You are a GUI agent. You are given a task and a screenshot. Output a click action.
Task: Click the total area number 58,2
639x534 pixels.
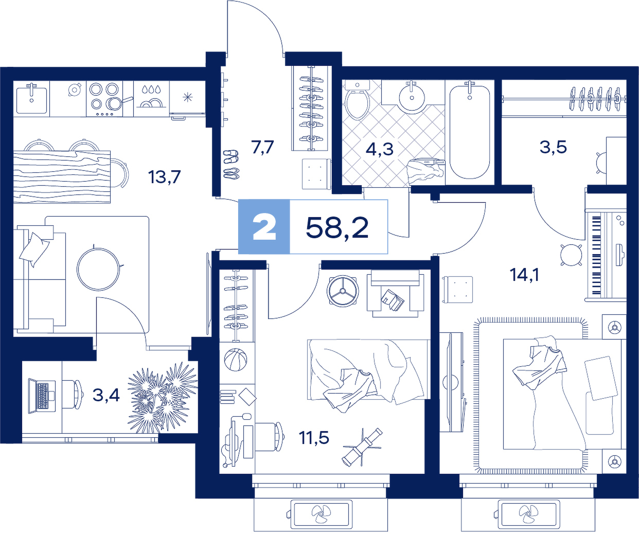coord(337,228)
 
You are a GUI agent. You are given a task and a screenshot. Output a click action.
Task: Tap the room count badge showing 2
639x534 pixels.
coord(264,227)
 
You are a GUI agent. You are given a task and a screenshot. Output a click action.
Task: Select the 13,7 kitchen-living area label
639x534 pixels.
coord(164,177)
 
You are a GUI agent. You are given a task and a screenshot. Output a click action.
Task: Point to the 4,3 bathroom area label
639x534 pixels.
coord(380,149)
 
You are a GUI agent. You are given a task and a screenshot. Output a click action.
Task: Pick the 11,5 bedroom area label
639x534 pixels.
coord(314,438)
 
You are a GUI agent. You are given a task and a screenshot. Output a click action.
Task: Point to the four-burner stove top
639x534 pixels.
coord(104,99)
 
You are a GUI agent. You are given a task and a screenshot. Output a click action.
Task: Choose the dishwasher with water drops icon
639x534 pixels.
coord(151,99)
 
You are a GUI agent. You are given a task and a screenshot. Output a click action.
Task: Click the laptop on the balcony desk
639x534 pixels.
coord(42,396)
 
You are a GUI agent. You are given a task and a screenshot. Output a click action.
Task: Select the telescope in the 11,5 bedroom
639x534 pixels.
coord(363,447)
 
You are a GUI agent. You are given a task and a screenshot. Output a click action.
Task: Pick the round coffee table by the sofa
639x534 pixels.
coord(98,269)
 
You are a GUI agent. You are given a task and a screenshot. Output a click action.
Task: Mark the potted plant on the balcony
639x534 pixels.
coord(163,397)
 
